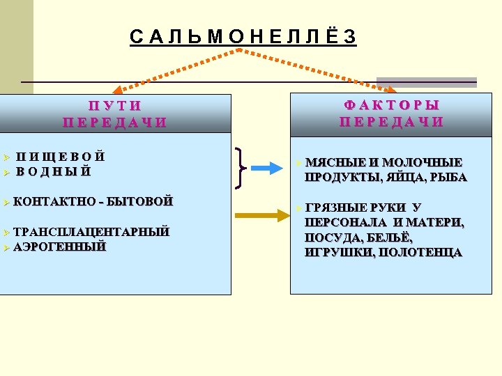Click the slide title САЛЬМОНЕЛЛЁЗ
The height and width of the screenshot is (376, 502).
coord(243,38)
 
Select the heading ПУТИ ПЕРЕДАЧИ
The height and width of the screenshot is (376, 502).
coord(115,114)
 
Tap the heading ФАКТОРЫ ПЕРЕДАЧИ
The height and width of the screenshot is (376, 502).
coord(392,113)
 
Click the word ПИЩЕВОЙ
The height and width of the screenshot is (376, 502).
coord(61,157)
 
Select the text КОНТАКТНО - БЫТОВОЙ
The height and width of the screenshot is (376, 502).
coord(93,202)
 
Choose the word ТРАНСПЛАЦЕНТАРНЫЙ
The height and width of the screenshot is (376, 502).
coord(91,232)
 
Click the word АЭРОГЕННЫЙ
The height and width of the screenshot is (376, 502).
coord(60,246)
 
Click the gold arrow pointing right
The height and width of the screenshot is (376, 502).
coord(262,217)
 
